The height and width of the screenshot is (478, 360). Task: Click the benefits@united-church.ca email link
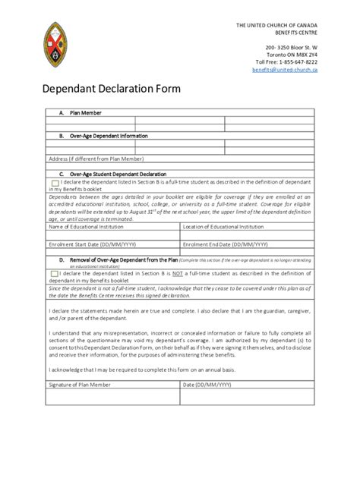(285, 69)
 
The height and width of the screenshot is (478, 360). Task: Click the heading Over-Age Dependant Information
(109, 136)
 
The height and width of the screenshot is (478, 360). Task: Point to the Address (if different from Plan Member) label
(96, 159)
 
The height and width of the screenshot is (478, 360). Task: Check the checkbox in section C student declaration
(55, 183)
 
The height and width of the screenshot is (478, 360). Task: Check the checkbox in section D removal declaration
(55, 274)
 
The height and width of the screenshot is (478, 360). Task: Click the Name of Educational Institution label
(86, 227)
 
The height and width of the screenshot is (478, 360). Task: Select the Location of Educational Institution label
(223, 227)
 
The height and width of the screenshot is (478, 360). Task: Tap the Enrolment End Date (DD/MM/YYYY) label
(226, 245)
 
